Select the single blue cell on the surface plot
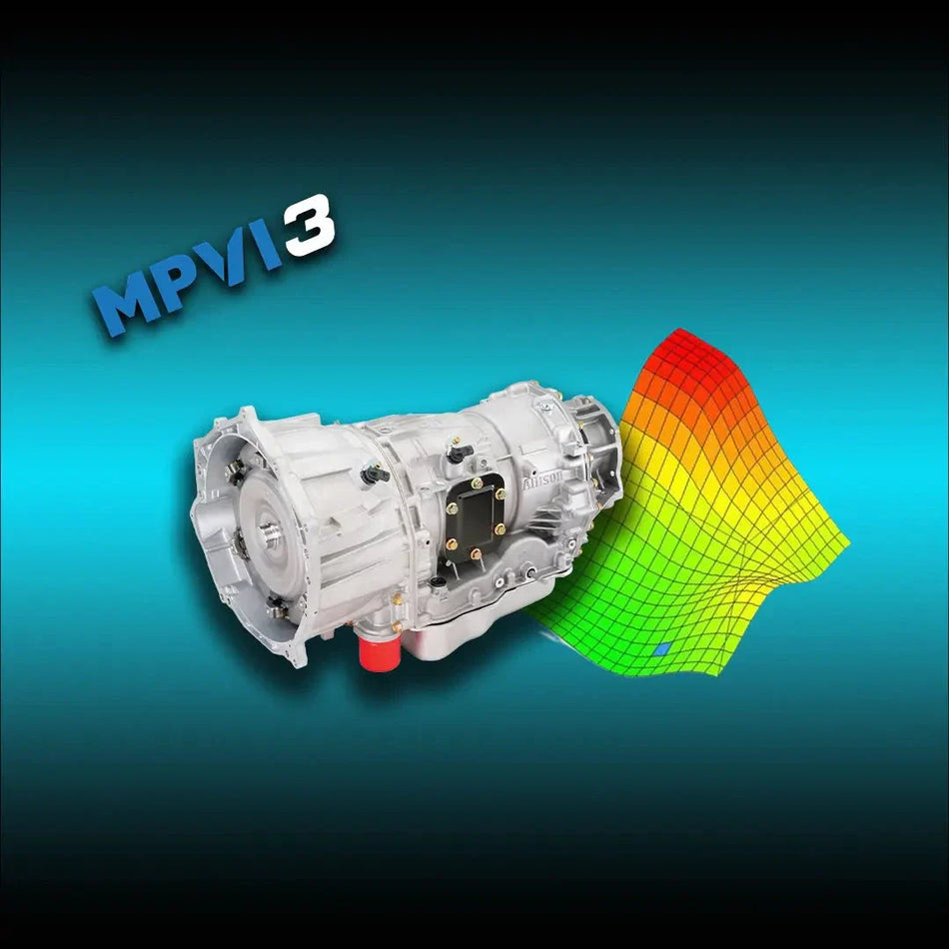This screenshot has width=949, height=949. (x=660, y=649)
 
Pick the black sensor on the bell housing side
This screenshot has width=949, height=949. (x=375, y=474)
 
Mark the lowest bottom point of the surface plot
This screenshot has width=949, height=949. (x=679, y=674)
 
